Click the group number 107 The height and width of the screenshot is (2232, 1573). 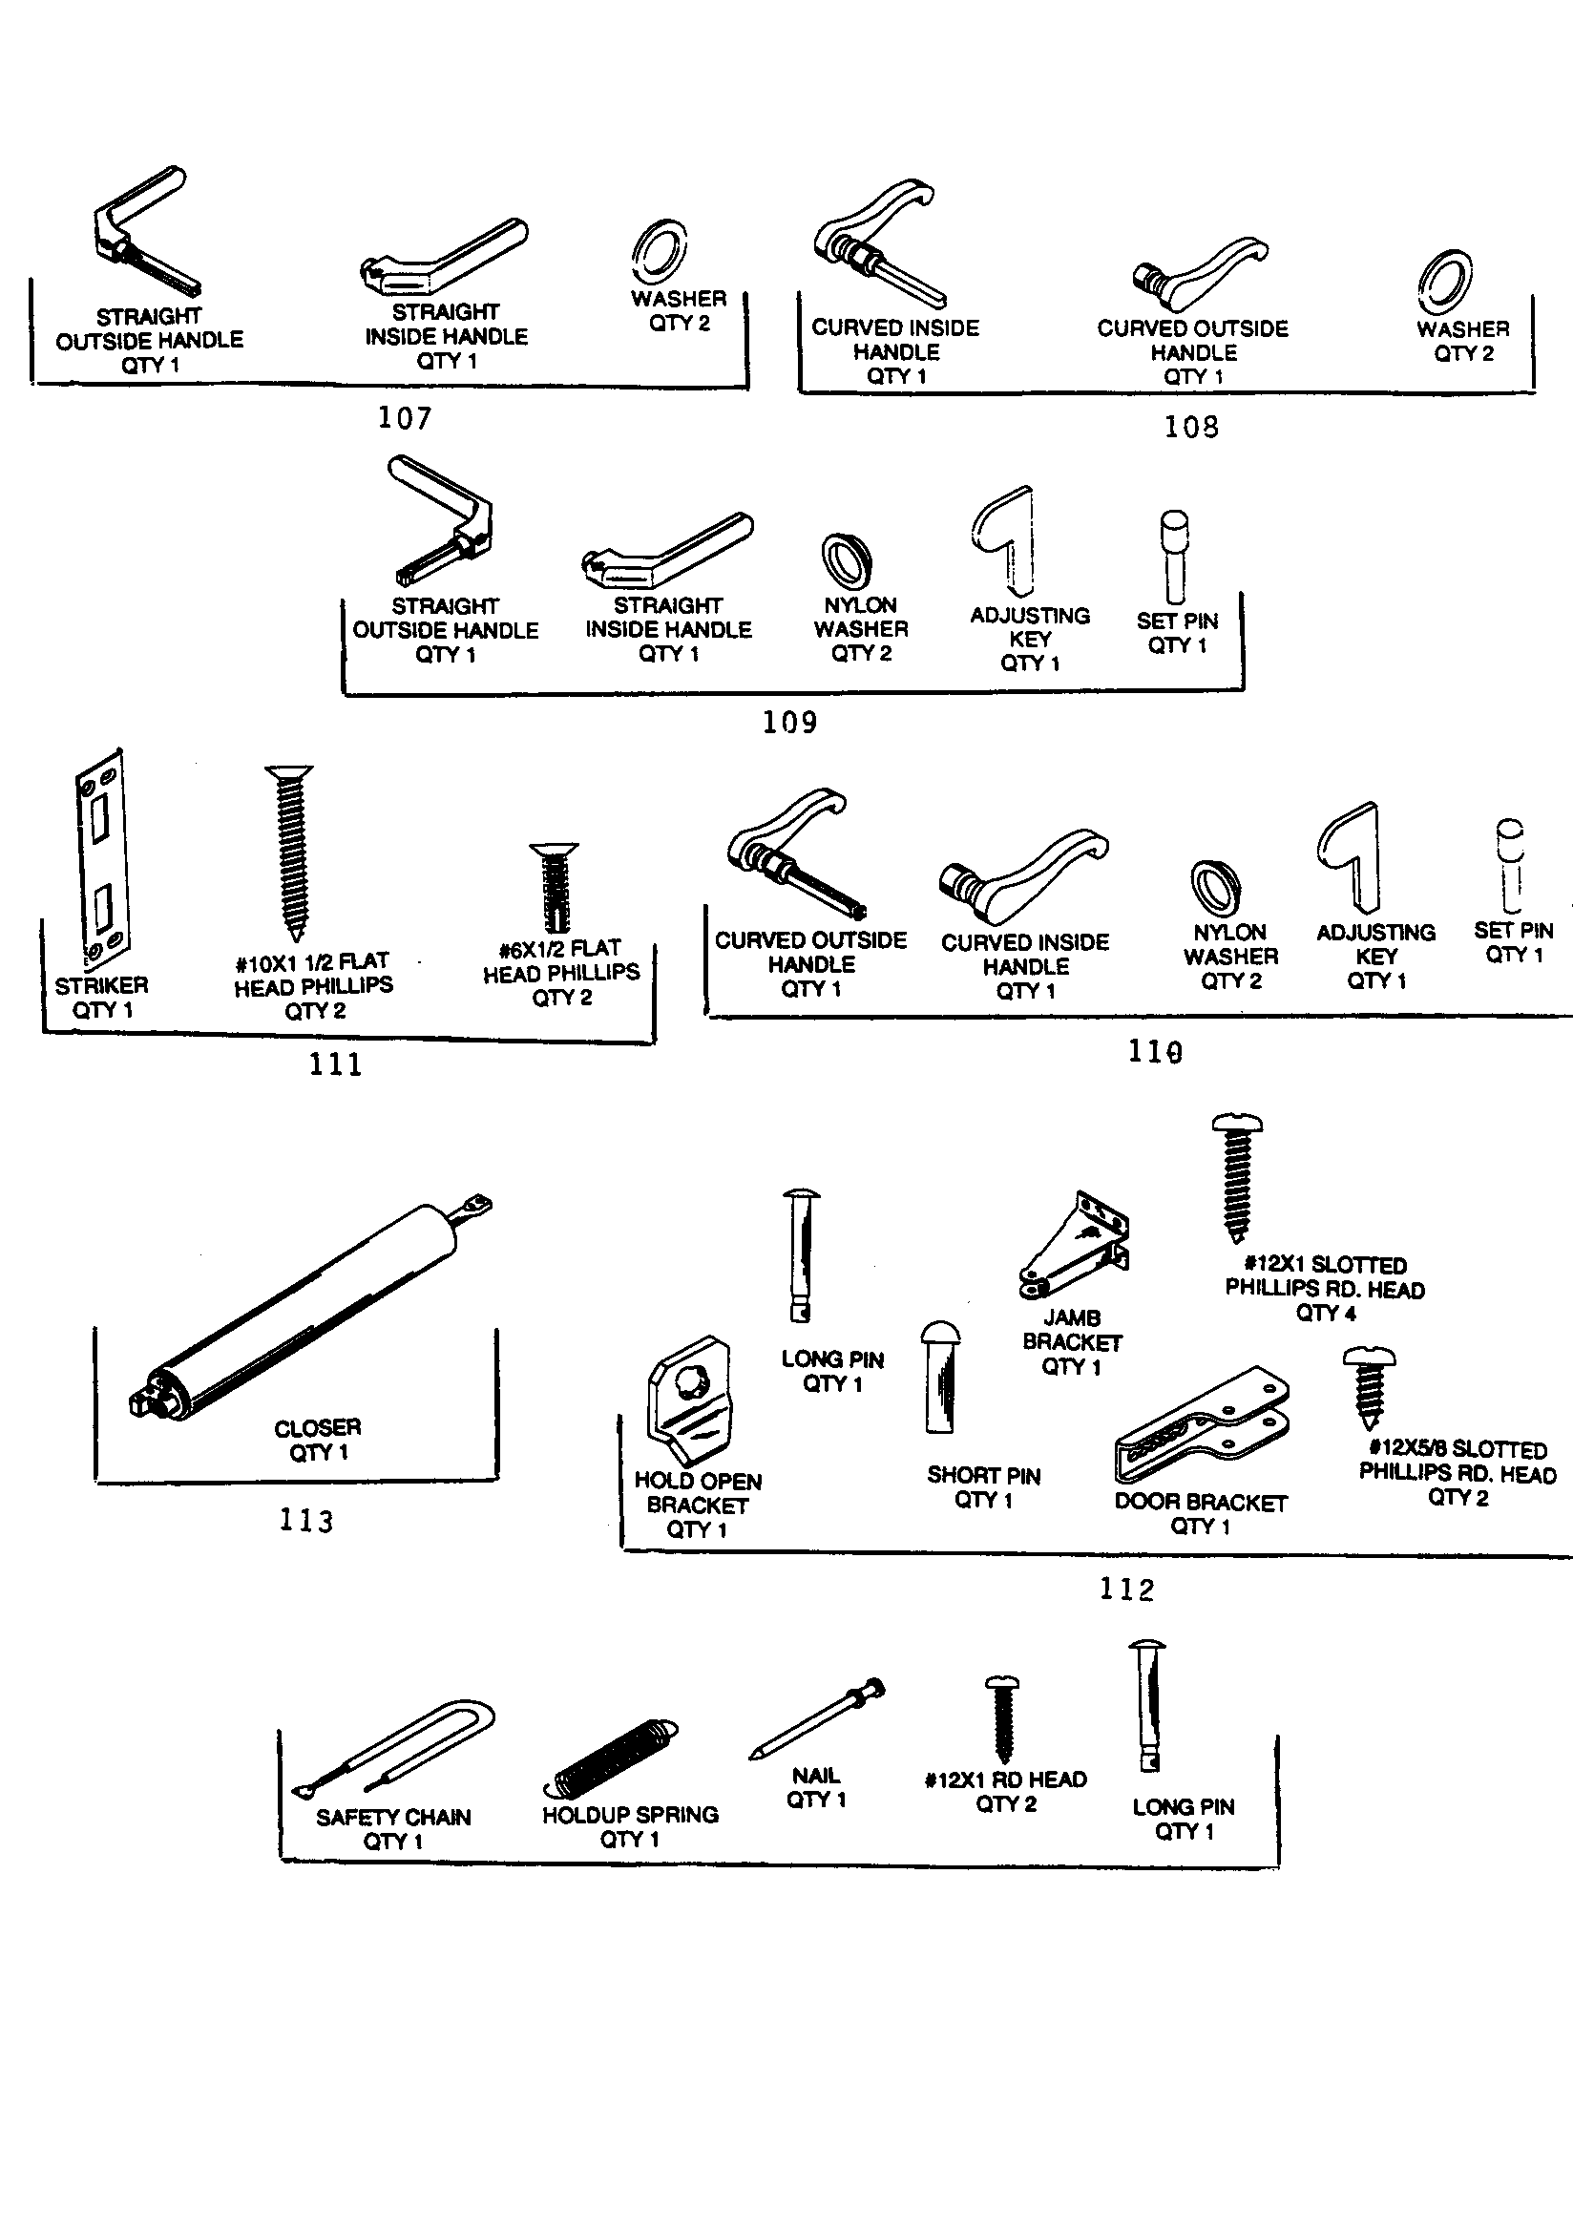click(405, 418)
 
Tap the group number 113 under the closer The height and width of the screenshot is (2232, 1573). click(306, 1520)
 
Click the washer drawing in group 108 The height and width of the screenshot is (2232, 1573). click(1444, 282)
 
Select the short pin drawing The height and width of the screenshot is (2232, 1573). click(940, 1376)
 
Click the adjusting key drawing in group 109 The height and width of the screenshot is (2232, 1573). click(1007, 539)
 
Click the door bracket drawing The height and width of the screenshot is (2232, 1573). click(1202, 1424)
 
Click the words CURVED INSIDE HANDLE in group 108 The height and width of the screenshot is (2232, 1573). click(895, 340)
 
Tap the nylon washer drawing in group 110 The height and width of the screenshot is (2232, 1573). click(1215, 888)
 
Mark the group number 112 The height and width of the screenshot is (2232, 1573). click(1126, 1589)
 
